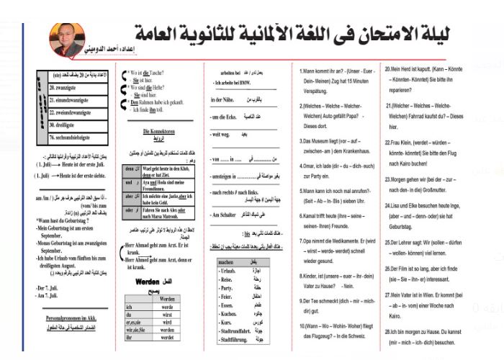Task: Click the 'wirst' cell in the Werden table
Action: (167, 314)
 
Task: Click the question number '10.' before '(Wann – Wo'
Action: (303, 325)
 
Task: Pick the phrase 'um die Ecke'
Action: (224, 117)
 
